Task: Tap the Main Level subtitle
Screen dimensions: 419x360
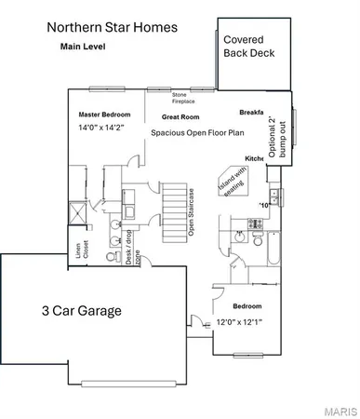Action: [84, 45]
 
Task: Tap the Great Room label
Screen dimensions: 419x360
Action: [182, 117]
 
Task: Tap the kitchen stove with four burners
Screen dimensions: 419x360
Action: [253, 223]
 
